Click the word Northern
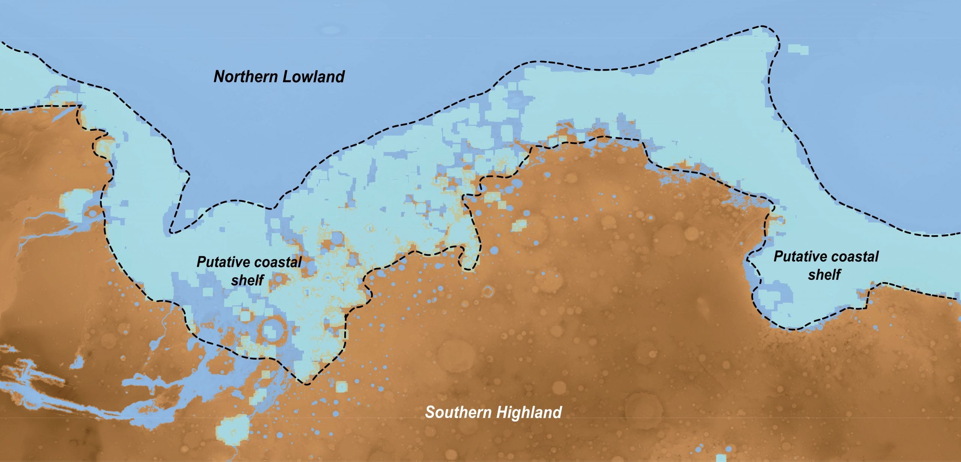246,77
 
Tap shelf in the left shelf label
248,280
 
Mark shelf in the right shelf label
824,275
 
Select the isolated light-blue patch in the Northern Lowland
798,49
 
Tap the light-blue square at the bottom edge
721,458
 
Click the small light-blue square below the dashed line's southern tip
341,387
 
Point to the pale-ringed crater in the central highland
488,291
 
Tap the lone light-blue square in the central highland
520,225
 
